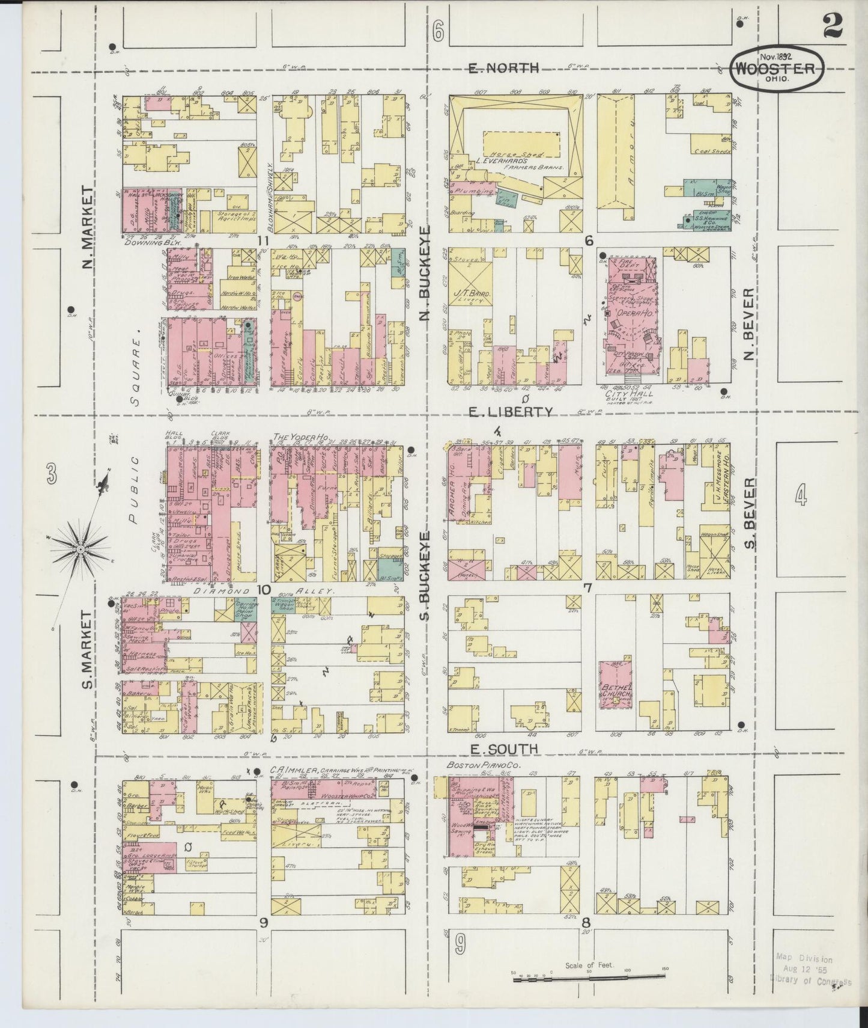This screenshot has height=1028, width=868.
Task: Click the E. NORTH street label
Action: tap(503, 68)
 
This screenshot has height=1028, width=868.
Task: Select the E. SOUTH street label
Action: tap(503, 748)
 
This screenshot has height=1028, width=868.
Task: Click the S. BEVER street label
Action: tap(749, 515)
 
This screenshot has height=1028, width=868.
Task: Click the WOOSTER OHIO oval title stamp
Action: tap(776, 70)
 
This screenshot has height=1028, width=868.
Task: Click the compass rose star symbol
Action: tap(80, 549)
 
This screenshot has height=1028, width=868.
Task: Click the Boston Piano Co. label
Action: tap(475, 765)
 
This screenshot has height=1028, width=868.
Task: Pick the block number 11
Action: tap(262, 241)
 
